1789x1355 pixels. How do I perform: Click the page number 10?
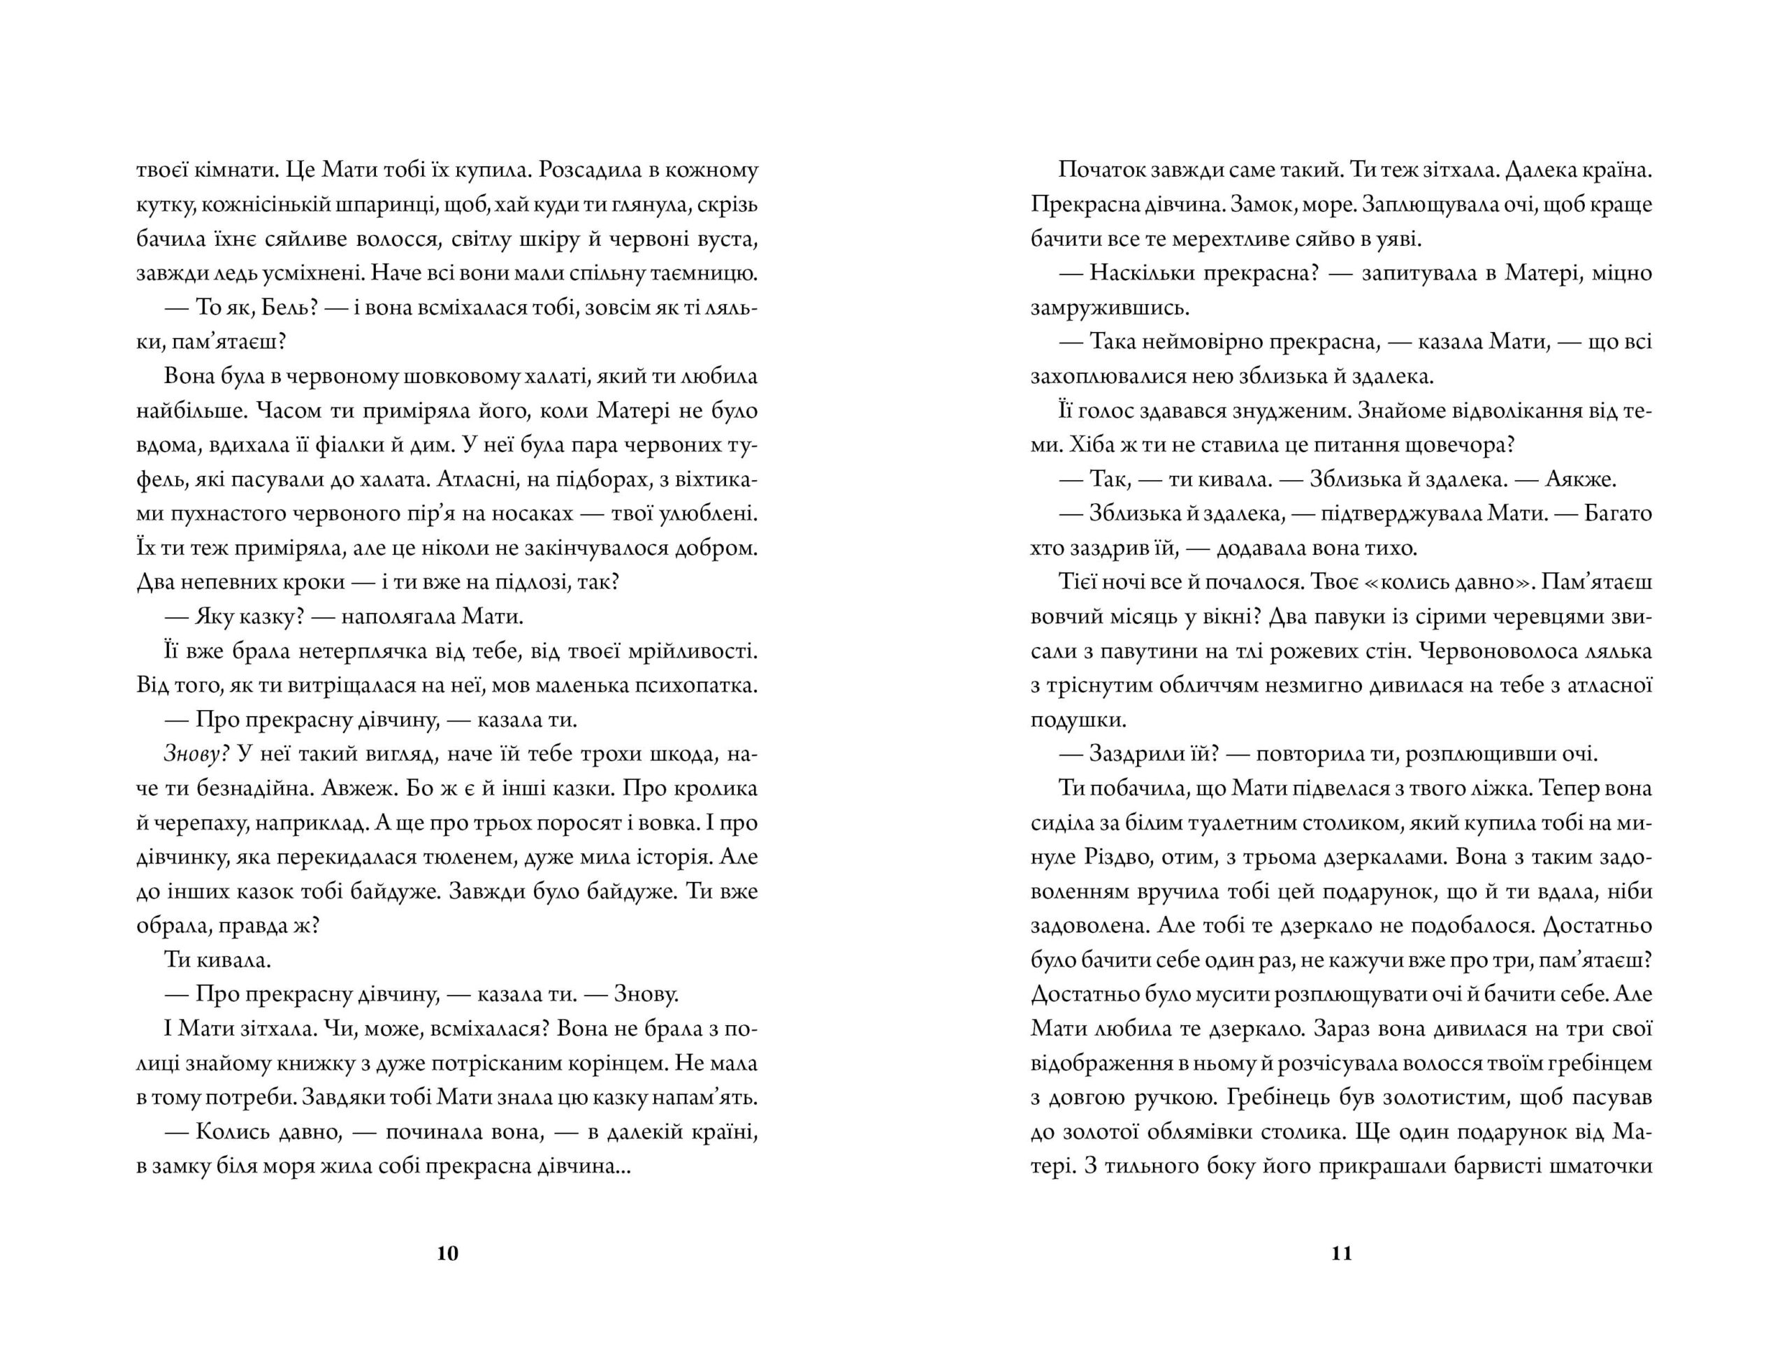pyautogui.click(x=447, y=1253)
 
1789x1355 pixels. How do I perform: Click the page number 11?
pyautogui.click(x=1341, y=1253)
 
